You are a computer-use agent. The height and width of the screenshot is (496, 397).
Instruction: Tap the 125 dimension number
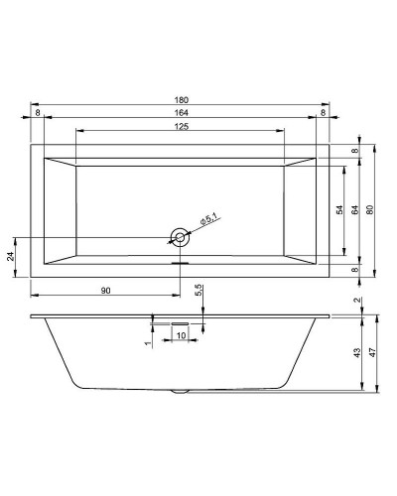[181, 127]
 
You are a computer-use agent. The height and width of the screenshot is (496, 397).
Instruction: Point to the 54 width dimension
[339, 210]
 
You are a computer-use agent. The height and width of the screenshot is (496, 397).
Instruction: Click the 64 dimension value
[354, 210]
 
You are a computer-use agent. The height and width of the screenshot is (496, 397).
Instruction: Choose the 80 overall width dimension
[369, 210]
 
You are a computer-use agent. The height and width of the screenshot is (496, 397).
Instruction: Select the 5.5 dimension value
[198, 290]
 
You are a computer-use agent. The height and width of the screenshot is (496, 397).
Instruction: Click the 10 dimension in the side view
[180, 334]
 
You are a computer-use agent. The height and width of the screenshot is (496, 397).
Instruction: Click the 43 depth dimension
[356, 353]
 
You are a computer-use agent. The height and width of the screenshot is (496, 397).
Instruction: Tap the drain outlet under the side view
[180, 390]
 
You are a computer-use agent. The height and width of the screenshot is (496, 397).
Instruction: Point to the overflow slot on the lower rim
[180, 263]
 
